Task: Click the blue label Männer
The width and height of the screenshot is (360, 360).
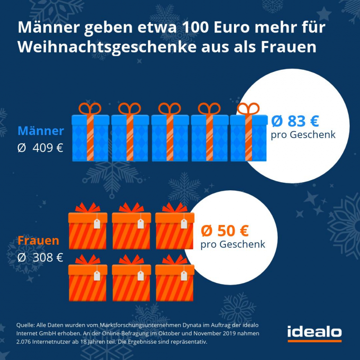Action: tap(40, 131)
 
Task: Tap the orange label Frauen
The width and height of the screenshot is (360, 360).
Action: tap(38, 241)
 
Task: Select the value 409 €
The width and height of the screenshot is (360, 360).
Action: tap(47, 148)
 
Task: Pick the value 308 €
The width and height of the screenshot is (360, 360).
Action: tap(47, 257)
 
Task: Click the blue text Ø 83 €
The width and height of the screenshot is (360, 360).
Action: tap(295, 121)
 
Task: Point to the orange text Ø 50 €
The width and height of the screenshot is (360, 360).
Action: tap(225, 231)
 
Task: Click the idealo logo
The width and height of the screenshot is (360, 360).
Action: tap(314, 332)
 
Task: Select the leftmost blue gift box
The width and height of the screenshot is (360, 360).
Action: tap(90, 137)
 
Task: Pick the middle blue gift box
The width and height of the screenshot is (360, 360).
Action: tap(170, 137)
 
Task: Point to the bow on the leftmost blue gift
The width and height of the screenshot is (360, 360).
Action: tap(90, 108)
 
